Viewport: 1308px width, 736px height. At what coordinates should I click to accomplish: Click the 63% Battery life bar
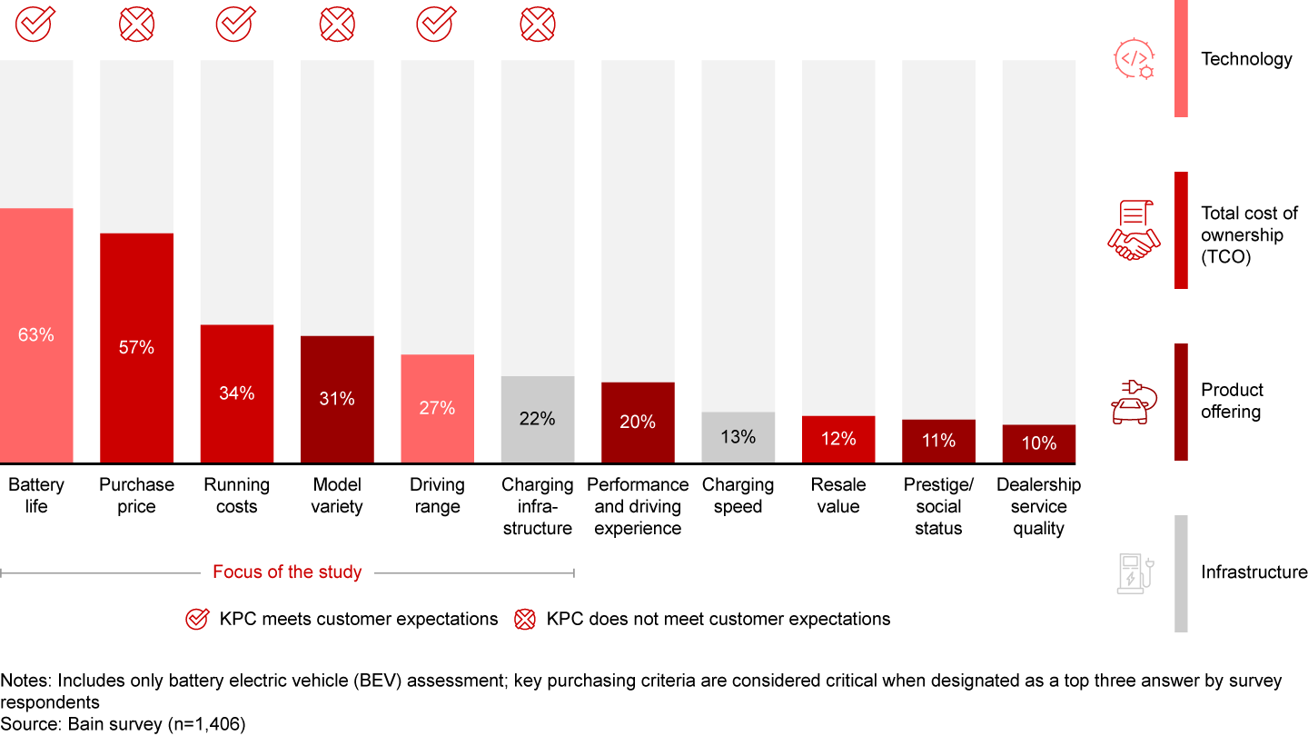coord(36,335)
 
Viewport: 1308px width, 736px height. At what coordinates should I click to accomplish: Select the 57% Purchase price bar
coord(136,348)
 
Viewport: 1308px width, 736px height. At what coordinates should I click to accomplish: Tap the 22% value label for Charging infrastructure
coord(538,419)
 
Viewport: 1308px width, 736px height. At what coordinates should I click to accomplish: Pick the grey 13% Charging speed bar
coord(738,437)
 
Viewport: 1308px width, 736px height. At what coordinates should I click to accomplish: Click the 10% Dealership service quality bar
coord(1038,443)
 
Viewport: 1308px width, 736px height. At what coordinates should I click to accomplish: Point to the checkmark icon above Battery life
coord(35,23)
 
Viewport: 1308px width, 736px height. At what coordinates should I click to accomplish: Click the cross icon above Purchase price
coord(136,23)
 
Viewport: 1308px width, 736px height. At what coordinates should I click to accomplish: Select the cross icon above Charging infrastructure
coord(538,23)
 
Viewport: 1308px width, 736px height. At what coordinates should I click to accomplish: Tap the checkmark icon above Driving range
coord(436,23)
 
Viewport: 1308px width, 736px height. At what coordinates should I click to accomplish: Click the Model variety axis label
coord(337,496)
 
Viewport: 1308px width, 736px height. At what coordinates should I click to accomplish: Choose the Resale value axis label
coord(837,496)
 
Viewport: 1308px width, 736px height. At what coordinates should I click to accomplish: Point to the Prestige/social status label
coord(938,507)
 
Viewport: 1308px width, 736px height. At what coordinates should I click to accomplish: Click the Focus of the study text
coord(287,572)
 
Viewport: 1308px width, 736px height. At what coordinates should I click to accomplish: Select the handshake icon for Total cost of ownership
coord(1134,231)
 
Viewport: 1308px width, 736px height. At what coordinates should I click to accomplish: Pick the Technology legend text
coord(1246,59)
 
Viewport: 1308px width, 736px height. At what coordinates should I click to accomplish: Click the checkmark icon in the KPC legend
coord(196,620)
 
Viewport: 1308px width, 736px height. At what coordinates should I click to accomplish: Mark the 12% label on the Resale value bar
coord(837,439)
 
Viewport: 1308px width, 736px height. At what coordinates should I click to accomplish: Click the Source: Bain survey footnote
coord(123,724)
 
